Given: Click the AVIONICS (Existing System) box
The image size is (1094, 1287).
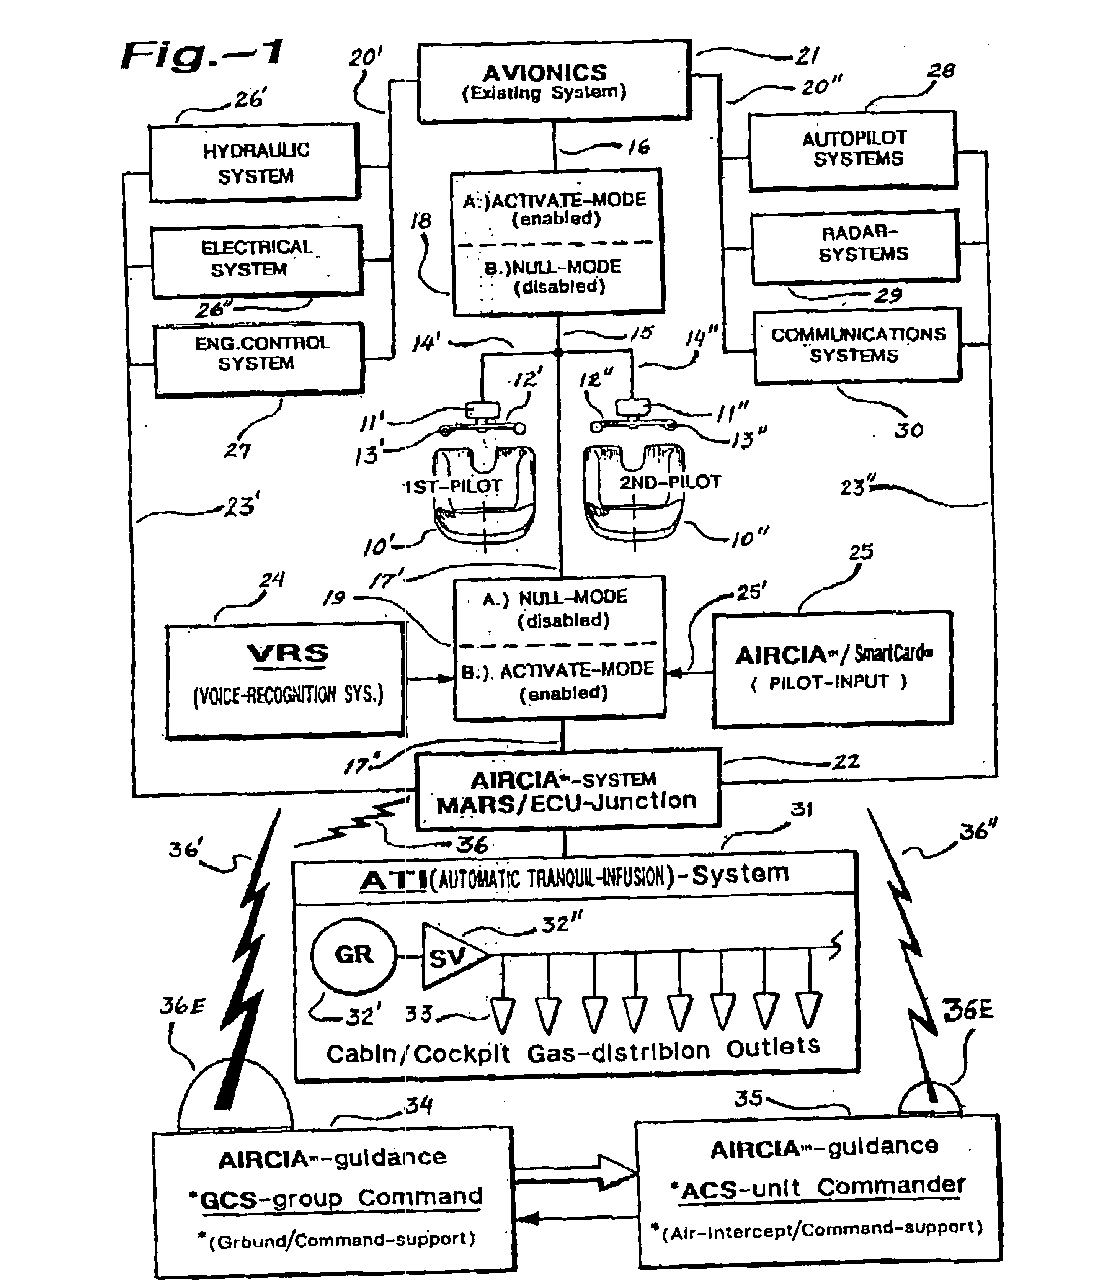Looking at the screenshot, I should click(x=554, y=82).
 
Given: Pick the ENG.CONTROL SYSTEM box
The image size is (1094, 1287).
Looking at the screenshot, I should click(x=259, y=358).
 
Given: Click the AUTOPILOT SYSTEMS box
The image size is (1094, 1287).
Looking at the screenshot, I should click(x=853, y=149).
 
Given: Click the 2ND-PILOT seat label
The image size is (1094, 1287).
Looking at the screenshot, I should click(x=670, y=482).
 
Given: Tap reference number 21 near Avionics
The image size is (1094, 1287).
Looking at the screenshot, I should click(x=807, y=56).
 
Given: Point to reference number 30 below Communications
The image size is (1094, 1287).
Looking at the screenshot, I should click(x=909, y=430).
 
